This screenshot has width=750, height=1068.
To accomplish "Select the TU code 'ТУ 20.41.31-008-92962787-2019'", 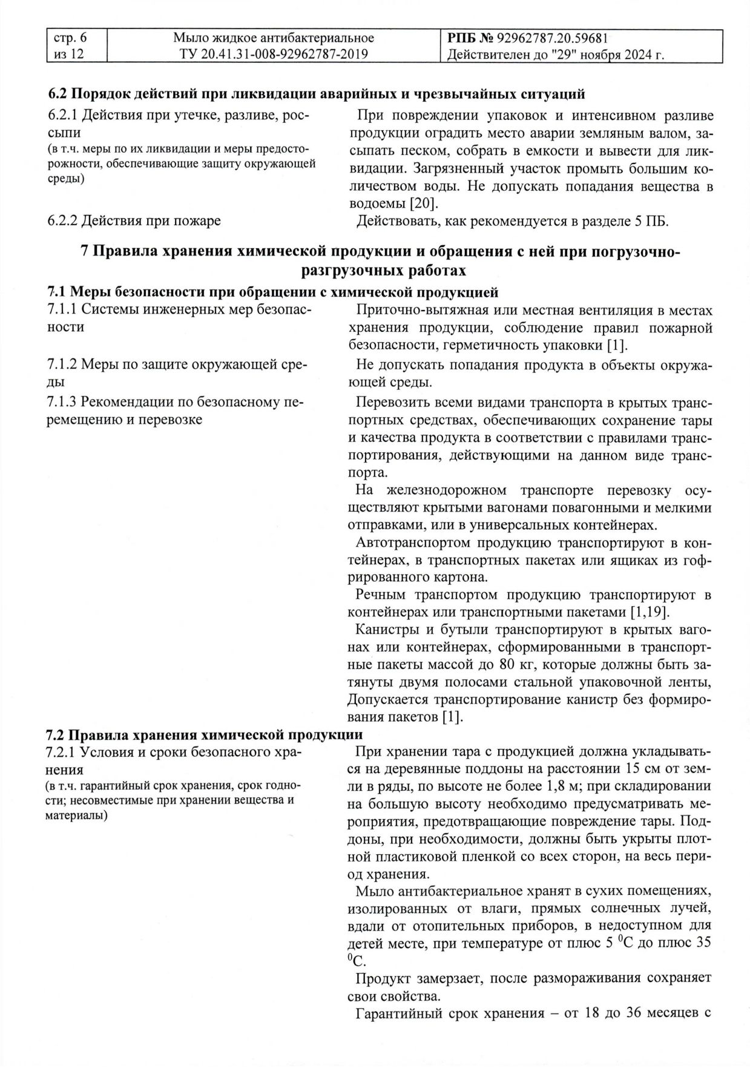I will click(274, 54).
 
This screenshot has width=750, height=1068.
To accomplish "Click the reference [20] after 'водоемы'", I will click(424, 203).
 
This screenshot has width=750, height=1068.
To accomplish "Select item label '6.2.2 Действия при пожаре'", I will click(134, 221).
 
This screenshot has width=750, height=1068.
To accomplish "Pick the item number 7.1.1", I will click(62, 310).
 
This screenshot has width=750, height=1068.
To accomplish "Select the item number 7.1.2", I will click(62, 364).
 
